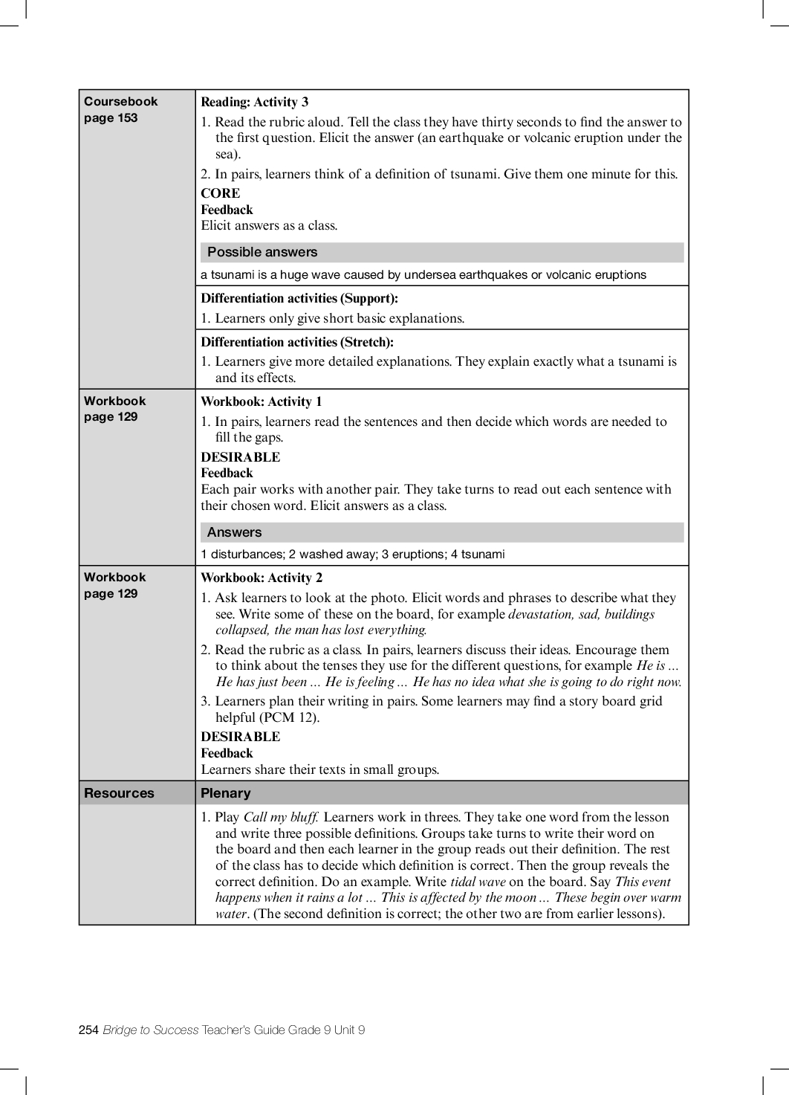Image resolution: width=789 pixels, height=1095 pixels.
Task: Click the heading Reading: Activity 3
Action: pyautogui.click(x=254, y=103)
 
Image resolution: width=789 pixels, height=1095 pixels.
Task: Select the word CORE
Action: pyautogui.click(x=220, y=193)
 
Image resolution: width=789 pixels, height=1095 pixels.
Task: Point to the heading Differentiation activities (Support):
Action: pyautogui.click(x=299, y=299)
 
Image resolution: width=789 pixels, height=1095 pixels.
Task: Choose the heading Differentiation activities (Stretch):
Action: pyautogui.click(x=297, y=343)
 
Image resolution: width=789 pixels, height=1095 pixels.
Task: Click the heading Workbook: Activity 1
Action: pyautogui.click(x=262, y=402)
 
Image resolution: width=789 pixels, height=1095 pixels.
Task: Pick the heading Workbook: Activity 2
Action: pyautogui.click(x=262, y=578)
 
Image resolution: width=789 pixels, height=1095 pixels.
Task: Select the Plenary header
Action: pyautogui.click(x=226, y=793)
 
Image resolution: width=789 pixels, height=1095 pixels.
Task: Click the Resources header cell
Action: pyautogui.click(x=119, y=793)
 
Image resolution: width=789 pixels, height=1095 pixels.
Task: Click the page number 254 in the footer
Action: pyautogui.click(x=88, y=1030)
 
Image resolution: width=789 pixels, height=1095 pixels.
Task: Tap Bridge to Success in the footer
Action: pyautogui.click(x=151, y=1030)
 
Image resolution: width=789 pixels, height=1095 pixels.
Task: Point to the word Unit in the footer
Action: pyautogui.click(x=345, y=1030)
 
